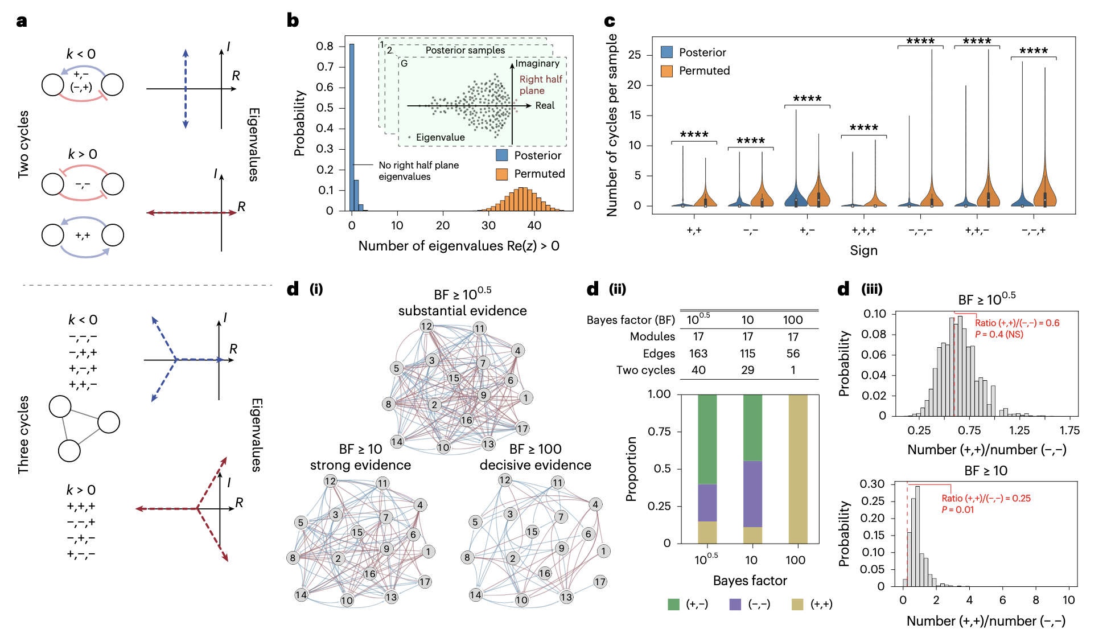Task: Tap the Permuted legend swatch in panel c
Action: (x=667, y=71)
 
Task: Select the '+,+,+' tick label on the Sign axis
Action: (x=863, y=231)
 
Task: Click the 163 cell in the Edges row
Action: (x=698, y=354)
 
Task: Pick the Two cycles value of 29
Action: (x=747, y=370)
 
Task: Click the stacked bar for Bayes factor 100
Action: (x=798, y=468)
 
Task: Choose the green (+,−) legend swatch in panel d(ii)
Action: (x=674, y=604)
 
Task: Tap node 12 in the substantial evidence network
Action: (x=426, y=326)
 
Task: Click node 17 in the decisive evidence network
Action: (x=600, y=582)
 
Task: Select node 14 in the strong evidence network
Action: (x=301, y=595)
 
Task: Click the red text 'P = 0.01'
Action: (x=957, y=510)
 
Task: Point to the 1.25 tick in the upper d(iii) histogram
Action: (x=1019, y=430)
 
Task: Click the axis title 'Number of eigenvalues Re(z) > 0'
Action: (x=458, y=246)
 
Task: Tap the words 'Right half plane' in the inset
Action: (x=540, y=85)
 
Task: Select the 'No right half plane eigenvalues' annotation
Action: (x=418, y=171)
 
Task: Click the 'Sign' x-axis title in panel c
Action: (x=863, y=250)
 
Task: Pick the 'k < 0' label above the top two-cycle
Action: (x=81, y=54)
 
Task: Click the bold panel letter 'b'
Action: (x=293, y=21)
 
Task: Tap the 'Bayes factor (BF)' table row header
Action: (x=631, y=320)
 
